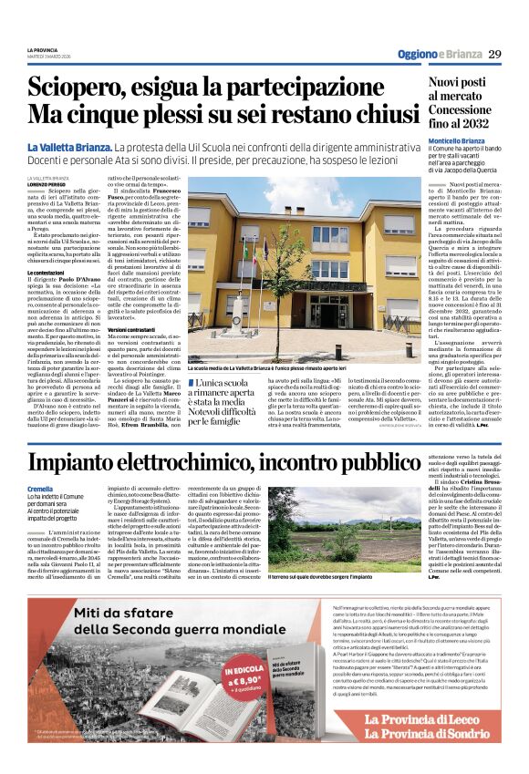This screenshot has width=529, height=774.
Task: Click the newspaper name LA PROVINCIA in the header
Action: [x=42, y=49]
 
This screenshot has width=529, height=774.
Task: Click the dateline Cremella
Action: [x=40, y=489]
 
